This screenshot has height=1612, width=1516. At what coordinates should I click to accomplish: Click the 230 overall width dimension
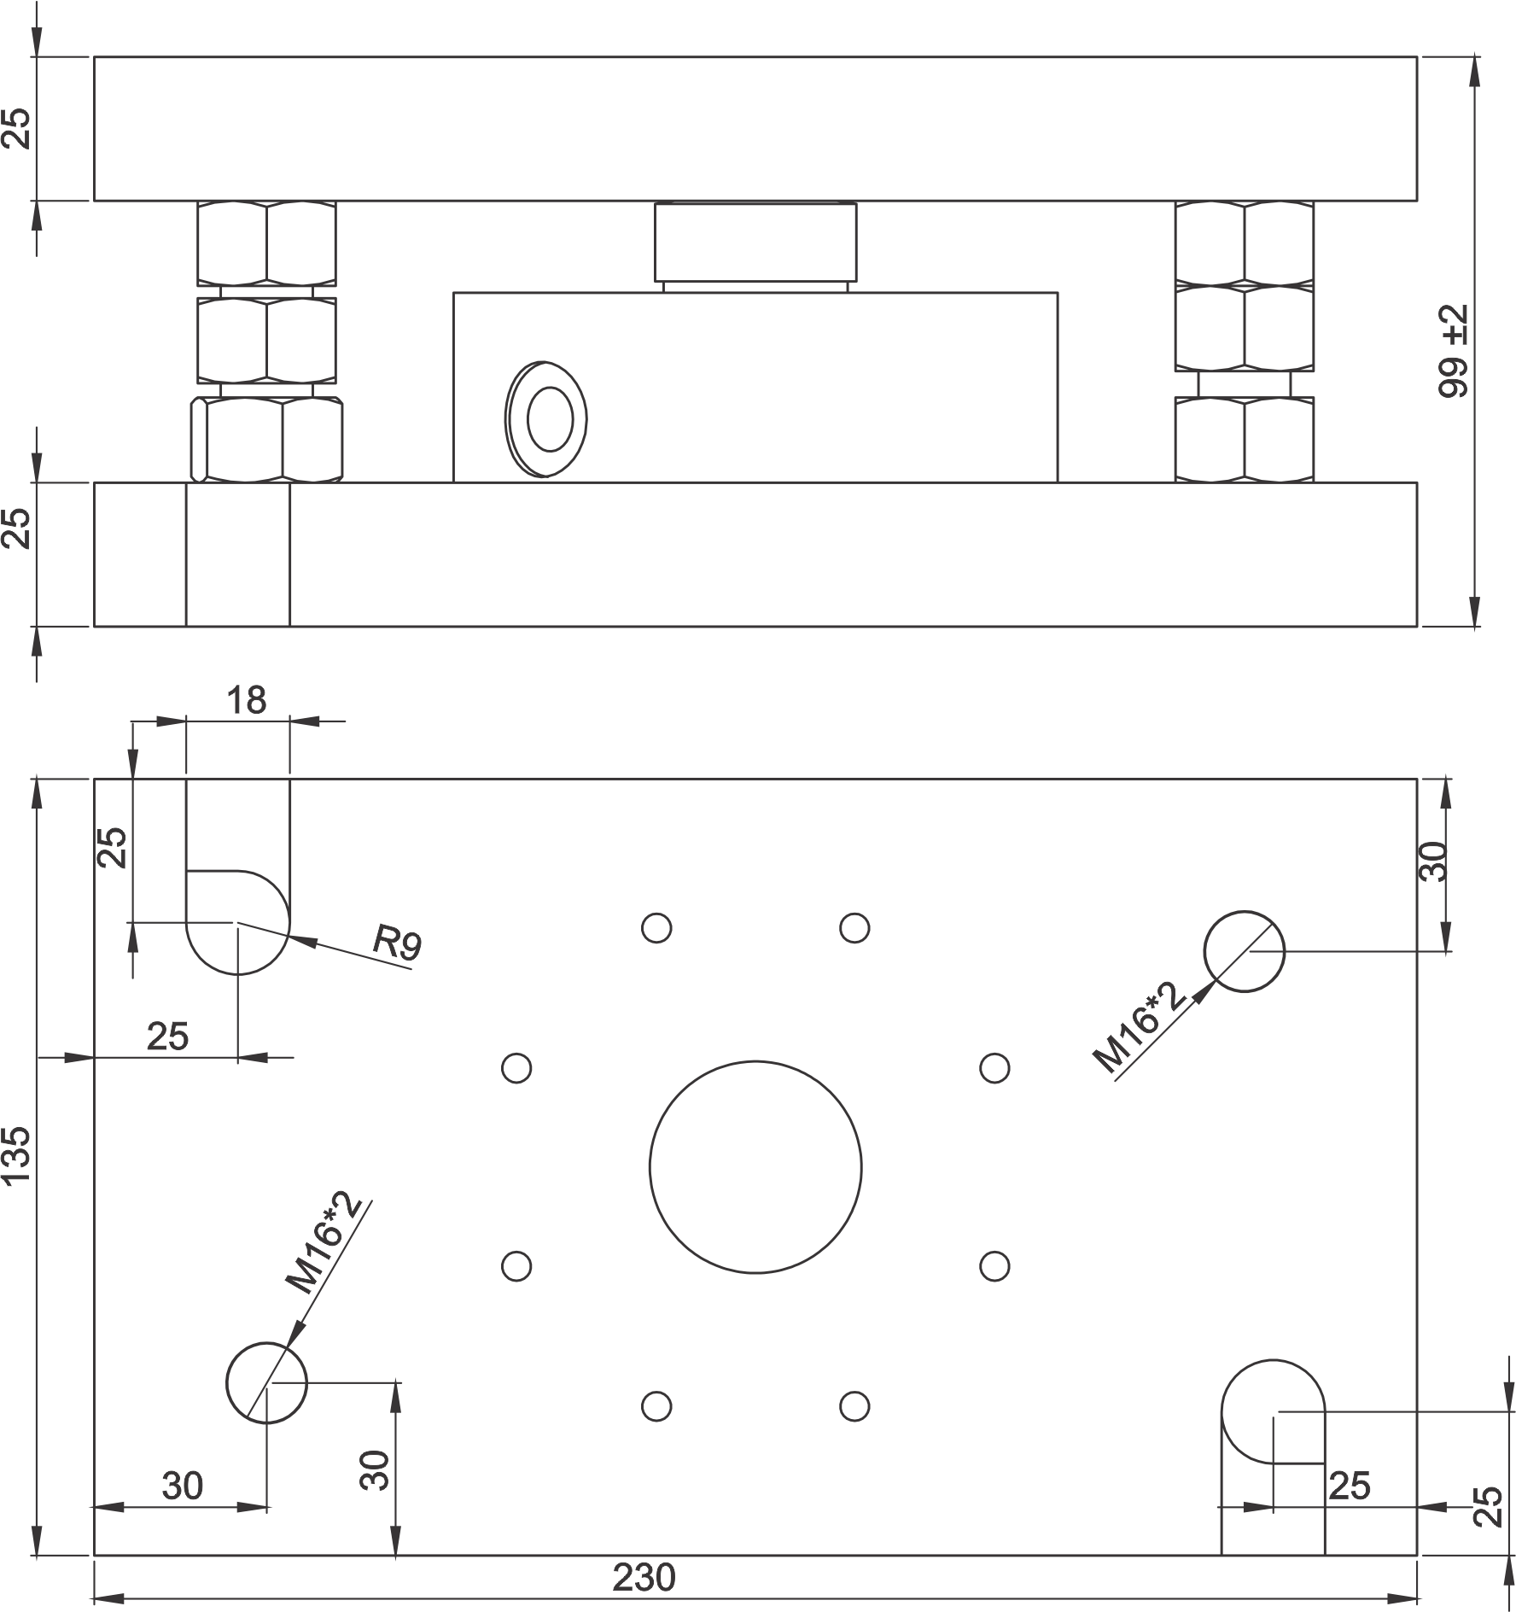point(644,1578)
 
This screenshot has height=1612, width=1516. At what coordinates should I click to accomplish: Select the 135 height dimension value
point(17,1156)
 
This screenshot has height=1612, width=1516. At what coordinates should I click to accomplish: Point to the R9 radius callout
point(398,944)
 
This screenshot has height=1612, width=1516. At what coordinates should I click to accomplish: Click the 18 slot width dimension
point(247,700)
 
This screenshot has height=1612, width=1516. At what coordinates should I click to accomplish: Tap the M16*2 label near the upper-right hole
point(1140,1028)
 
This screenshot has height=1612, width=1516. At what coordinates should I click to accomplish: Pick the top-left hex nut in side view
point(266,243)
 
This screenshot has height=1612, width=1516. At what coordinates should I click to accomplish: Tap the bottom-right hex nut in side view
point(1245,439)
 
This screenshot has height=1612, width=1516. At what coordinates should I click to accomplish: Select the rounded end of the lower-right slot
point(1223,1412)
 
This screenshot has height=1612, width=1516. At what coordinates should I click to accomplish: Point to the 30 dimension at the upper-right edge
point(1434,861)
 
